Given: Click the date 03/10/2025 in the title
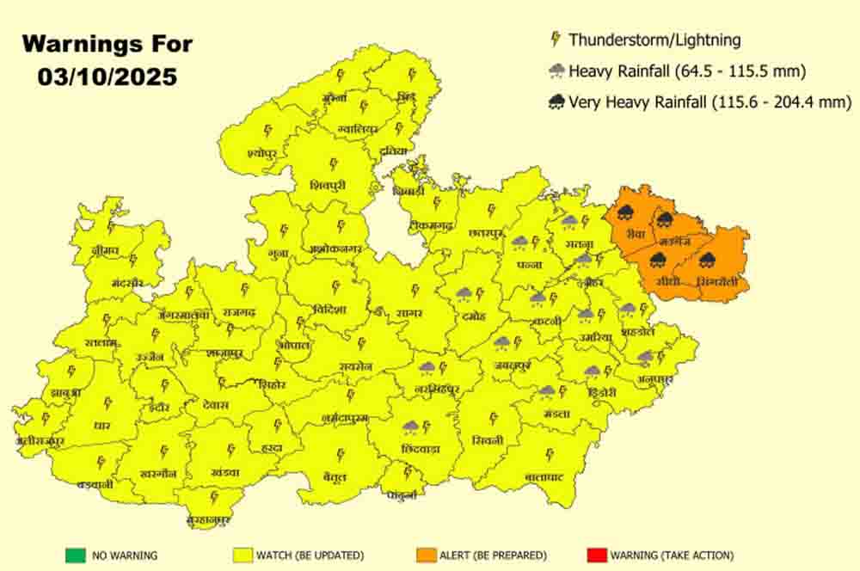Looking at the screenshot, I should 107,76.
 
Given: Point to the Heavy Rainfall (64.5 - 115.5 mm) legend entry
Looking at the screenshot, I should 687,71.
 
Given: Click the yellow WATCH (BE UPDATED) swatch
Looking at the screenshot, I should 241,555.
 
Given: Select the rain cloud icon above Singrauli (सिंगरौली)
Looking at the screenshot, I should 708,259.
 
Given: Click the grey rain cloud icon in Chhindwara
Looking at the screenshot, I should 410,427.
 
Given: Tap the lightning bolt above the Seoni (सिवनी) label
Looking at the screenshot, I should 493,418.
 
